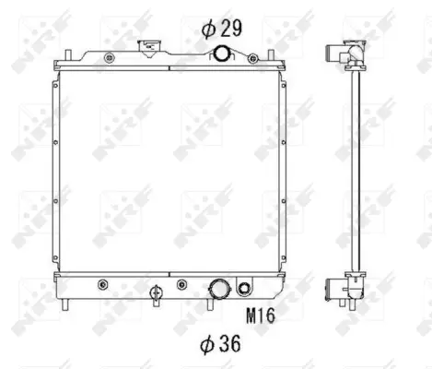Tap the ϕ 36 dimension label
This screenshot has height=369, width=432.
click(x=221, y=346)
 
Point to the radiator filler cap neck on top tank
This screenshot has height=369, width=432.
click(x=147, y=48)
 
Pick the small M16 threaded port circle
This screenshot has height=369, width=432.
click(x=245, y=286)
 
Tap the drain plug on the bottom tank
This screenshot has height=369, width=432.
click(x=156, y=295)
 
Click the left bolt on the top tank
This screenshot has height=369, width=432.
click(x=110, y=59)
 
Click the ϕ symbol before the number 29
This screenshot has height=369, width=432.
click(x=207, y=28)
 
